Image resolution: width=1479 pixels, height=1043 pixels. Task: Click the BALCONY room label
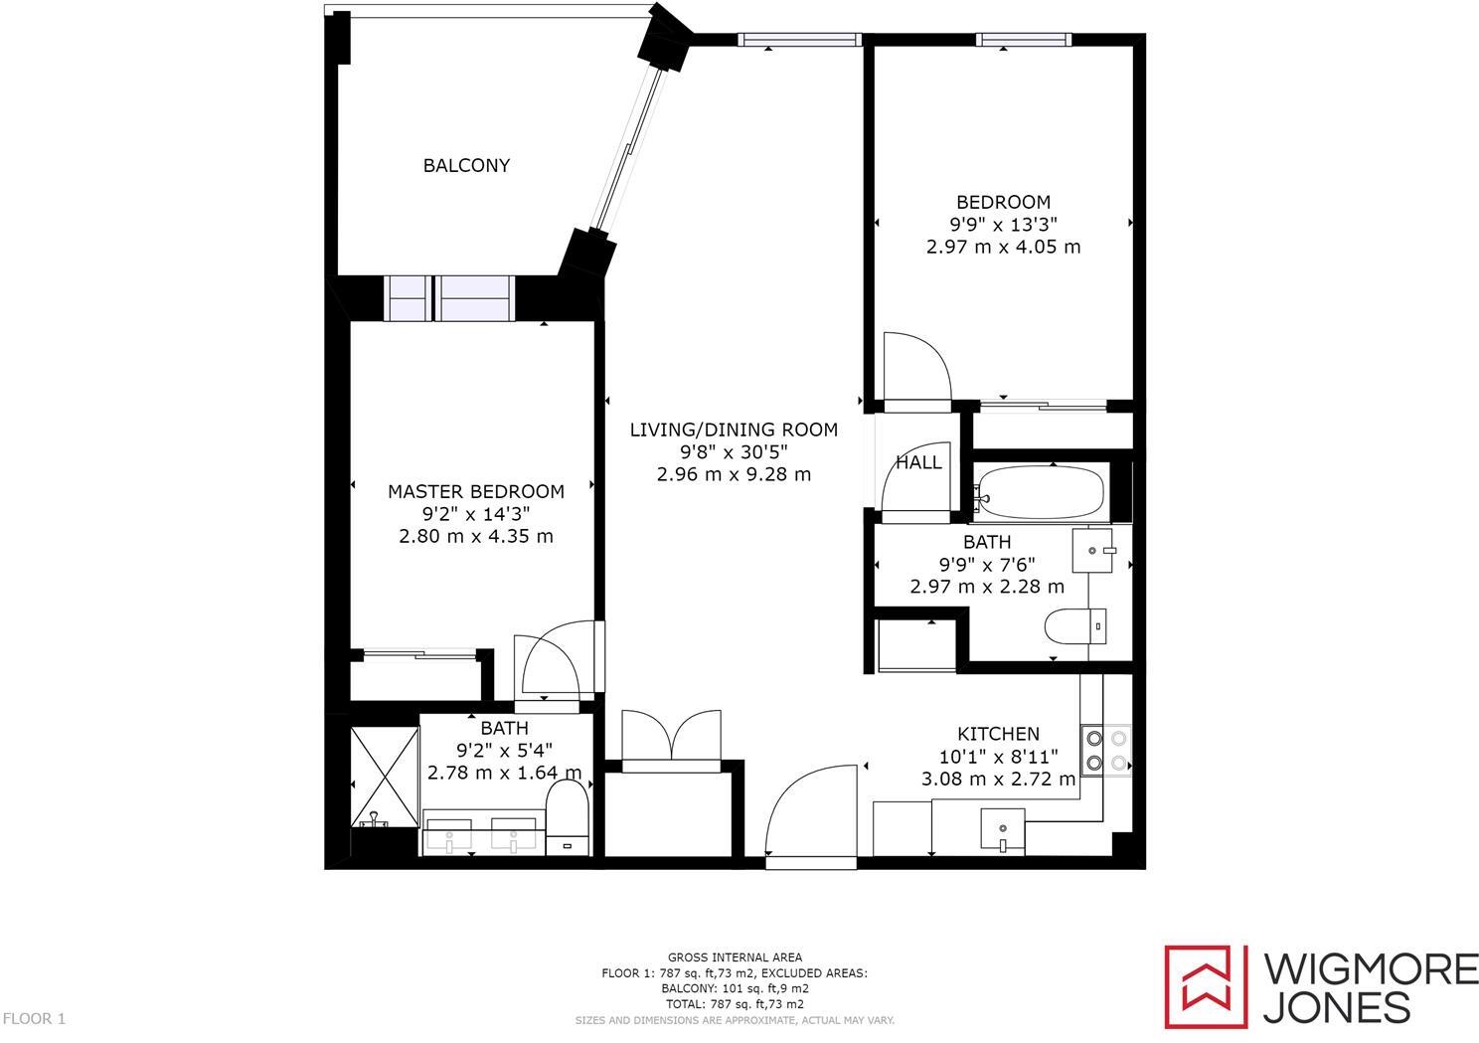(x=466, y=165)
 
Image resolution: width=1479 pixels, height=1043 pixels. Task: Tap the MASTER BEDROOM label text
(x=475, y=491)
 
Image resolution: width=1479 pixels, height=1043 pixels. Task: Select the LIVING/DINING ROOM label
(x=734, y=430)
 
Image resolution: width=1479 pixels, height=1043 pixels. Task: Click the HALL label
(x=918, y=462)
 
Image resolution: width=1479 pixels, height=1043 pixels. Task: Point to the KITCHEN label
(x=998, y=734)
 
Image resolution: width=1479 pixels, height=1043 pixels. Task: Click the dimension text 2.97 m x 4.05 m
(x=1003, y=247)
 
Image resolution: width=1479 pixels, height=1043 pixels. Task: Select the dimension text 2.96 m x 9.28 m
(x=734, y=474)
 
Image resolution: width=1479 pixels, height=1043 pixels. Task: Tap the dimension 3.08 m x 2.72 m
(x=998, y=779)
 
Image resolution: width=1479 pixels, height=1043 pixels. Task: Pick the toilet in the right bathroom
(x=1073, y=626)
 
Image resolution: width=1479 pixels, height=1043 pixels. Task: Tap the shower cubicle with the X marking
(x=385, y=777)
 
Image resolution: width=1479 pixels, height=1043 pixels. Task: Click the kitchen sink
(x=1002, y=829)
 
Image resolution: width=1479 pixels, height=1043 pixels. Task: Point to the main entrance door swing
(x=810, y=810)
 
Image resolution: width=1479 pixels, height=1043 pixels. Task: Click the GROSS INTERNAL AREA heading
(x=735, y=957)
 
